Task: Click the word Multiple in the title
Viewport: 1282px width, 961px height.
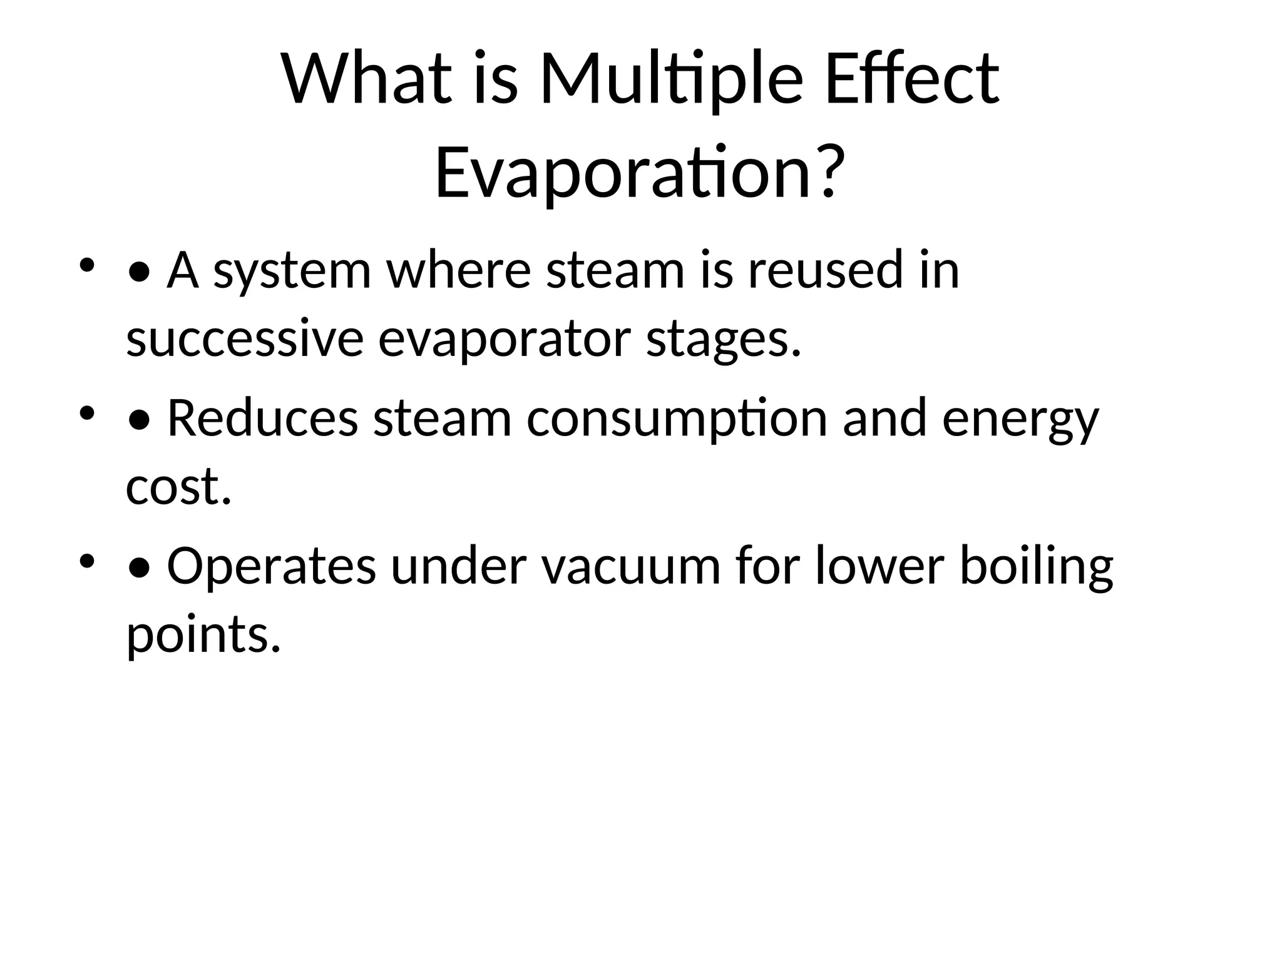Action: click(x=670, y=80)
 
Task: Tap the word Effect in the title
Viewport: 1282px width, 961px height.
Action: click(x=912, y=80)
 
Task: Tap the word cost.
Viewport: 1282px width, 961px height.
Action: click(x=179, y=487)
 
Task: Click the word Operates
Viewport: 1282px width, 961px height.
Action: click(x=272, y=567)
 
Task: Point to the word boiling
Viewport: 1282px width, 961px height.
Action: click(x=1037, y=567)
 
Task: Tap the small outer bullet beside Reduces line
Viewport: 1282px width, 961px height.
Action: click(x=86, y=414)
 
